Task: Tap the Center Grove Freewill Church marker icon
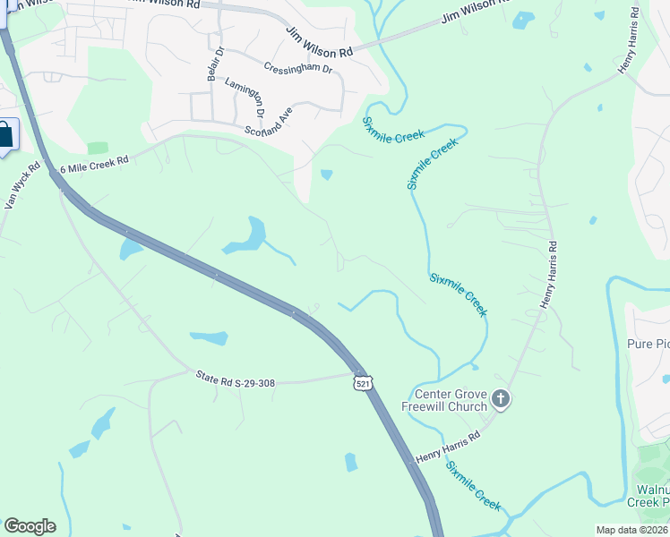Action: point(501,398)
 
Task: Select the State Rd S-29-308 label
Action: point(235,382)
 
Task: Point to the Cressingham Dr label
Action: point(298,68)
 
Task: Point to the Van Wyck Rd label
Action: point(23,185)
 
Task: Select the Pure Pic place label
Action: point(649,345)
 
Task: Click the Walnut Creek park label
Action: point(652,495)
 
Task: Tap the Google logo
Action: point(30,526)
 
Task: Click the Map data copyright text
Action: point(631,530)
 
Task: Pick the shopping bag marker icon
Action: point(5,136)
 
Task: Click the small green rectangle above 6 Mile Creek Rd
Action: point(98,148)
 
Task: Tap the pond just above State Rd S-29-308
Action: point(209,338)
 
